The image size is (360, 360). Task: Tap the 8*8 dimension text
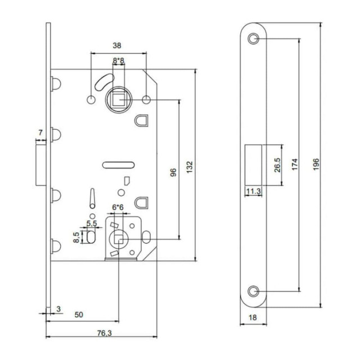tap(119, 60)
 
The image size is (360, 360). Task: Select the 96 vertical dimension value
tap(173, 172)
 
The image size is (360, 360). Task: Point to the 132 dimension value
tap(190, 167)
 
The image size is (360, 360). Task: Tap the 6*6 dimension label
tap(118, 207)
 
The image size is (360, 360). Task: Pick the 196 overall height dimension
tap(316, 164)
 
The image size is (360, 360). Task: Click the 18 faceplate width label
tap(253, 318)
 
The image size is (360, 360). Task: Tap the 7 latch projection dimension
tap(39, 133)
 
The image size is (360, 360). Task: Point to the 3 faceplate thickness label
tap(57, 309)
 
